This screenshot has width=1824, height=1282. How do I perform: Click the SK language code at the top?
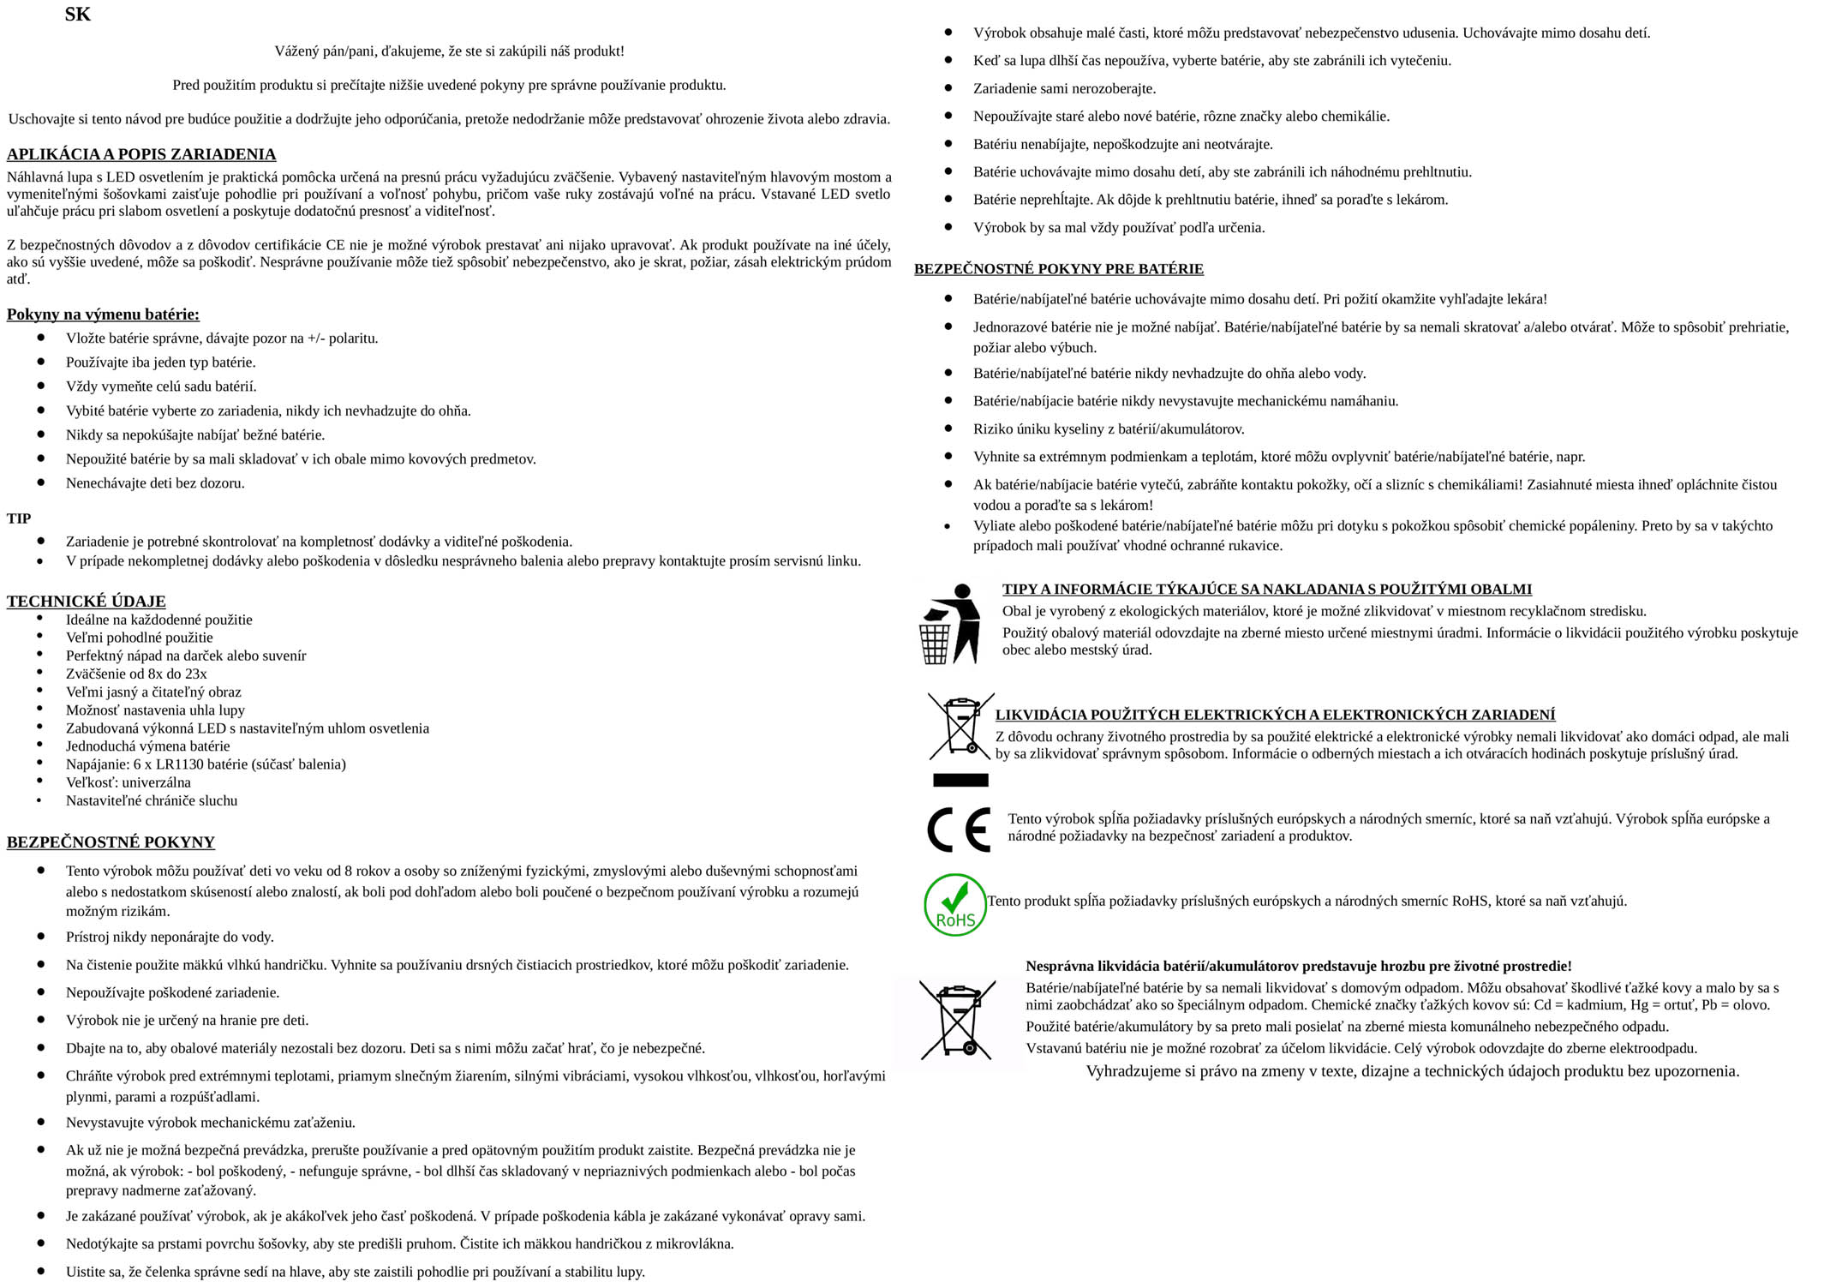click(77, 15)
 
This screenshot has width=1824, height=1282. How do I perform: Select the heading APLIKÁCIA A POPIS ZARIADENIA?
click(141, 154)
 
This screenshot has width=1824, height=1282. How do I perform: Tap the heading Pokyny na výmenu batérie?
click(103, 315)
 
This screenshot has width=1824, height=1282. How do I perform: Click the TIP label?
click(19, 518)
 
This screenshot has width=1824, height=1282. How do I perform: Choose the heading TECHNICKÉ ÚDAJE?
click(86, 602)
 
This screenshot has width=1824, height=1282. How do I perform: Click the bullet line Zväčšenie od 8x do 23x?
click(136, 674)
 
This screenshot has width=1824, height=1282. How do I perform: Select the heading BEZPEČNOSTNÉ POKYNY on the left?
click(111, 842)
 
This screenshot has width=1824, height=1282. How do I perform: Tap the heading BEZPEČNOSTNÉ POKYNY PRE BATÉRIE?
click(1058, 269)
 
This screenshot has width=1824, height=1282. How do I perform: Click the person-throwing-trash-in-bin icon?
click(949, 624)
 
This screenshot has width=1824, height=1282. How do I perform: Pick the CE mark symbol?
click(959, 830)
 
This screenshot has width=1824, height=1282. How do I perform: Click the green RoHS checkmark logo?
click(954, 905)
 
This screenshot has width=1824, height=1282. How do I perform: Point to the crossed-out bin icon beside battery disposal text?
click(957, 1020)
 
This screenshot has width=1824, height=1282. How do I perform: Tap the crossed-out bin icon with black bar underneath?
click(960, 737)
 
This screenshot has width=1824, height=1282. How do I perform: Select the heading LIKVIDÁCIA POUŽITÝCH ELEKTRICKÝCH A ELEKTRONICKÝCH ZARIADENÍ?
click(1275, 715)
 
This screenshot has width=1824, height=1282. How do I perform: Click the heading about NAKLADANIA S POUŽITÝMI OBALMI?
click(1266, 590)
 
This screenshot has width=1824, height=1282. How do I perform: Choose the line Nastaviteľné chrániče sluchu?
click(152, 800)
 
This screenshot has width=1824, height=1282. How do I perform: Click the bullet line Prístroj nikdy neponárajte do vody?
click(170, 938)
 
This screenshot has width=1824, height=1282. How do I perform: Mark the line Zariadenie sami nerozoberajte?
click(1064, 89)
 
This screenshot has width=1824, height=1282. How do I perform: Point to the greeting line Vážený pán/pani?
click(449, 51)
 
